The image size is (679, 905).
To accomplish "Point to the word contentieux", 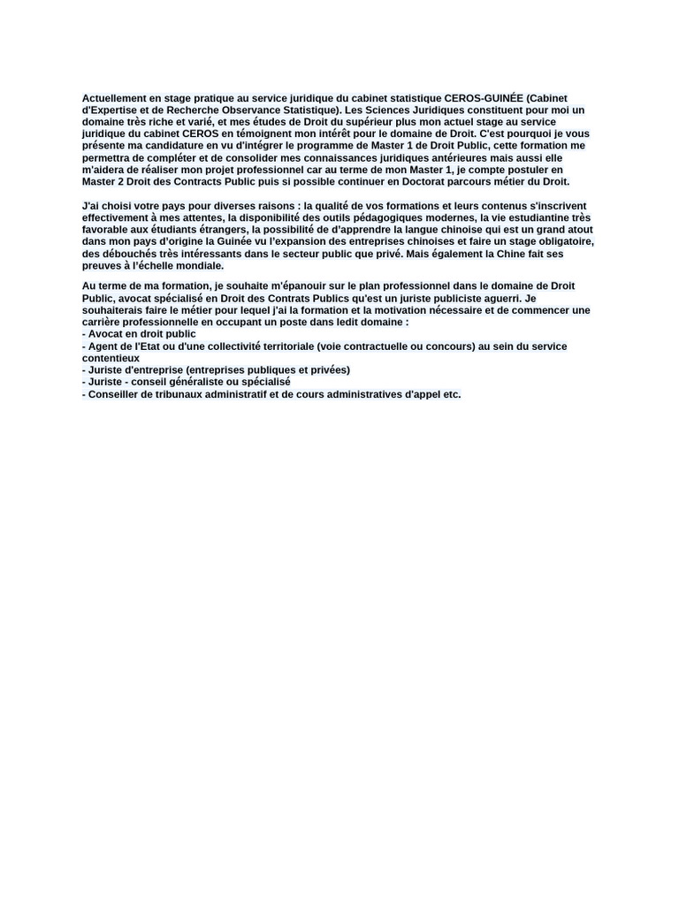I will (x=111, y=358).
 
